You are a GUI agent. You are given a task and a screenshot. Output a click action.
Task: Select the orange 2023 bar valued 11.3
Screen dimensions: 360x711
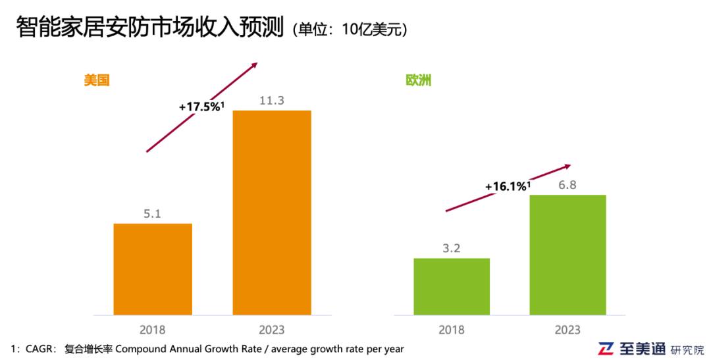pyautogui.click(x=272, y=212)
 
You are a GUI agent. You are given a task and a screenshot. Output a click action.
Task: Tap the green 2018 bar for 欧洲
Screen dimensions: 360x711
pyautogui.click(x=452, y=286)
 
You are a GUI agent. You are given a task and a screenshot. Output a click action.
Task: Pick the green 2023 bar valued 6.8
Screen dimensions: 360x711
pyautogui.click(x=567, y=255)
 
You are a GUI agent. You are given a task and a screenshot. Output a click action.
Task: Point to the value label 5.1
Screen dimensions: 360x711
pyautogui.click(x=153, y=214)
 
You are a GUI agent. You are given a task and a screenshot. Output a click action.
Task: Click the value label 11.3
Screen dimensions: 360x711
pyautogui.click(x=272, y=100)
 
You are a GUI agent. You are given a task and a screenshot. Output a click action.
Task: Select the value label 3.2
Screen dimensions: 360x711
pyautogui.click(x=452, y=249)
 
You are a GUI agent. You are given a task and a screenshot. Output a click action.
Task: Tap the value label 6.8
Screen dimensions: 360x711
pyautogui.click(x=567, y=185)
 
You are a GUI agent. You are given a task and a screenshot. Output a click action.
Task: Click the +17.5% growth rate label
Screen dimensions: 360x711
pyautogui.click(x=201, y=106)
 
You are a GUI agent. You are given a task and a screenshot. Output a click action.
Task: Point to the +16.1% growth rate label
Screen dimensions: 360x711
pyautogui.click(x=507, y=187)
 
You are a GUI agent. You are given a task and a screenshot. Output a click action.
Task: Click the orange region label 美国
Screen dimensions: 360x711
pyautogui.click(x=95, y=80)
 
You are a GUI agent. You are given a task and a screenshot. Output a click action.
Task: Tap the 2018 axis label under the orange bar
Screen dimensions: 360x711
pyautogui.click(x=153, y=329)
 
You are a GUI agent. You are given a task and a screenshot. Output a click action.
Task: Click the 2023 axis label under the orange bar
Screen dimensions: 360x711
pyautogui.click(x=272, y=329)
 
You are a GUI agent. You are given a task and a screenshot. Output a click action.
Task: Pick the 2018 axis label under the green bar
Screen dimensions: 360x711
pyautogui.click(x=452, y=329)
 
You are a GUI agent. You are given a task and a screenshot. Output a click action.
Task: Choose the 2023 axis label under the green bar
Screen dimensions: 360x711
pyautogui.click(x=567, y=329)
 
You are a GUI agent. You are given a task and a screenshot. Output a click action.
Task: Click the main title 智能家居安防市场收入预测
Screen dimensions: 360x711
pyautogui.click(x=149, y=28)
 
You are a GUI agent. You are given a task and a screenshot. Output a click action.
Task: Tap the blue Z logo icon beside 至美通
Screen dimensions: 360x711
pyautogui.click(x=606, y=349)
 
